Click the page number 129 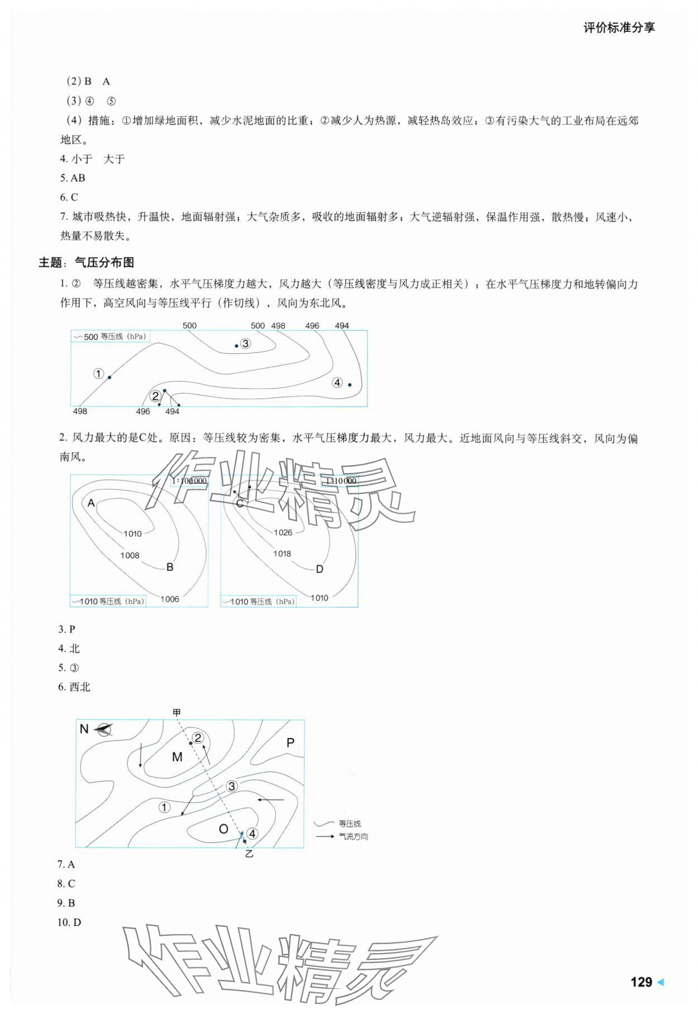pyautogui.click(x=640, y=982)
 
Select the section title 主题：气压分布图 pyautogui.click(x=87, y=263)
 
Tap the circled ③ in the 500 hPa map pyautogui.click(x=245, y=344)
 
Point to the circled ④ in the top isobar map pyautogui.click(x=337, y=383)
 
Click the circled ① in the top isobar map pyautogui.click(x=98, y=373)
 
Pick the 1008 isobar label pyautogui.click(x=130, y=555)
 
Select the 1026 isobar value pyautogui.click(x=283, y=532)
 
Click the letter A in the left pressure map pyautogui.click(x=92, y=503)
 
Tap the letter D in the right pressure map pyautogui.click(x=319, y=569)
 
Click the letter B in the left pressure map pyautogui.click(x=170, y=567)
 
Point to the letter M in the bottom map pyautogui.click(x=177, y=757)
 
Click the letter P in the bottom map pyautogui.click(x=290, y=743)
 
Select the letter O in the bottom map pyautogui.click(x=223, y=829)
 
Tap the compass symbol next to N pyautogui.click(x=103, y=729)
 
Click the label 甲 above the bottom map pyautogui.click(x=177, y=712)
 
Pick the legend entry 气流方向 pyautogui.click(x=353, y=836)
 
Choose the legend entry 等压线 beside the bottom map pyautogui.click(x=350, y=823)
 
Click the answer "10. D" pyautogui.click(x=69, y=922)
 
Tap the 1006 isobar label pyautogui.click(x=170, y=599)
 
